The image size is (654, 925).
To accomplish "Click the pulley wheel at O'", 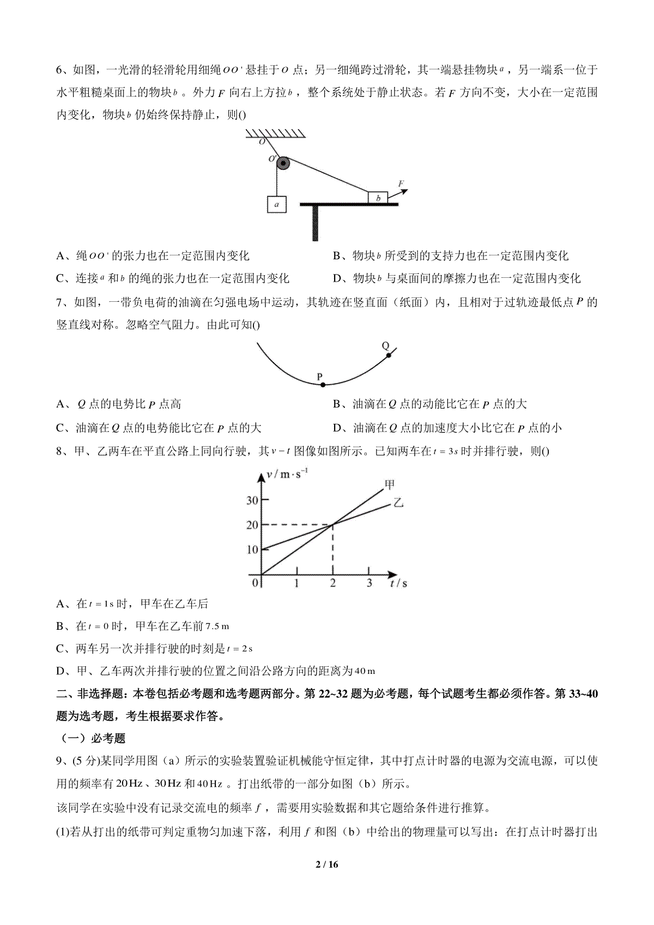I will (x=283, y=163).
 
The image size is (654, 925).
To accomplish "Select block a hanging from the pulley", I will (x=276, y=204).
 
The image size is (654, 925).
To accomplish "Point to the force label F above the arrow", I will (x=402, y=184).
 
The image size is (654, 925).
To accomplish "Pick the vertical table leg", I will (x=315, y=223).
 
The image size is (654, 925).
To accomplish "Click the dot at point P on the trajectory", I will (x=323, y=385).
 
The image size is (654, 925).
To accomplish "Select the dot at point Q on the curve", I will (x=389, y=355).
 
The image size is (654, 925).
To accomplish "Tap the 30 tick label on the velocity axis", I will (x=252, y=500).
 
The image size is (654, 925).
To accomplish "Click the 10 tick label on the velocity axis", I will (x=252, y=549).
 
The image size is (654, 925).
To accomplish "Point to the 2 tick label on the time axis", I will (x=332, y=583).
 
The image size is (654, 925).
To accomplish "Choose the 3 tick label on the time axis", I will (x=369, y=583).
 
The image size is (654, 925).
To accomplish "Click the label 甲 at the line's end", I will (x=390, y=484).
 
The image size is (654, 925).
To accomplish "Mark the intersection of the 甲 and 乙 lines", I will (x=332, y=525).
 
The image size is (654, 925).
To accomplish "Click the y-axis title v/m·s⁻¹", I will (x=287, y=474).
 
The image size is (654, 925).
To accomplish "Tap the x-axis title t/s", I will (x=398, y=583).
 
